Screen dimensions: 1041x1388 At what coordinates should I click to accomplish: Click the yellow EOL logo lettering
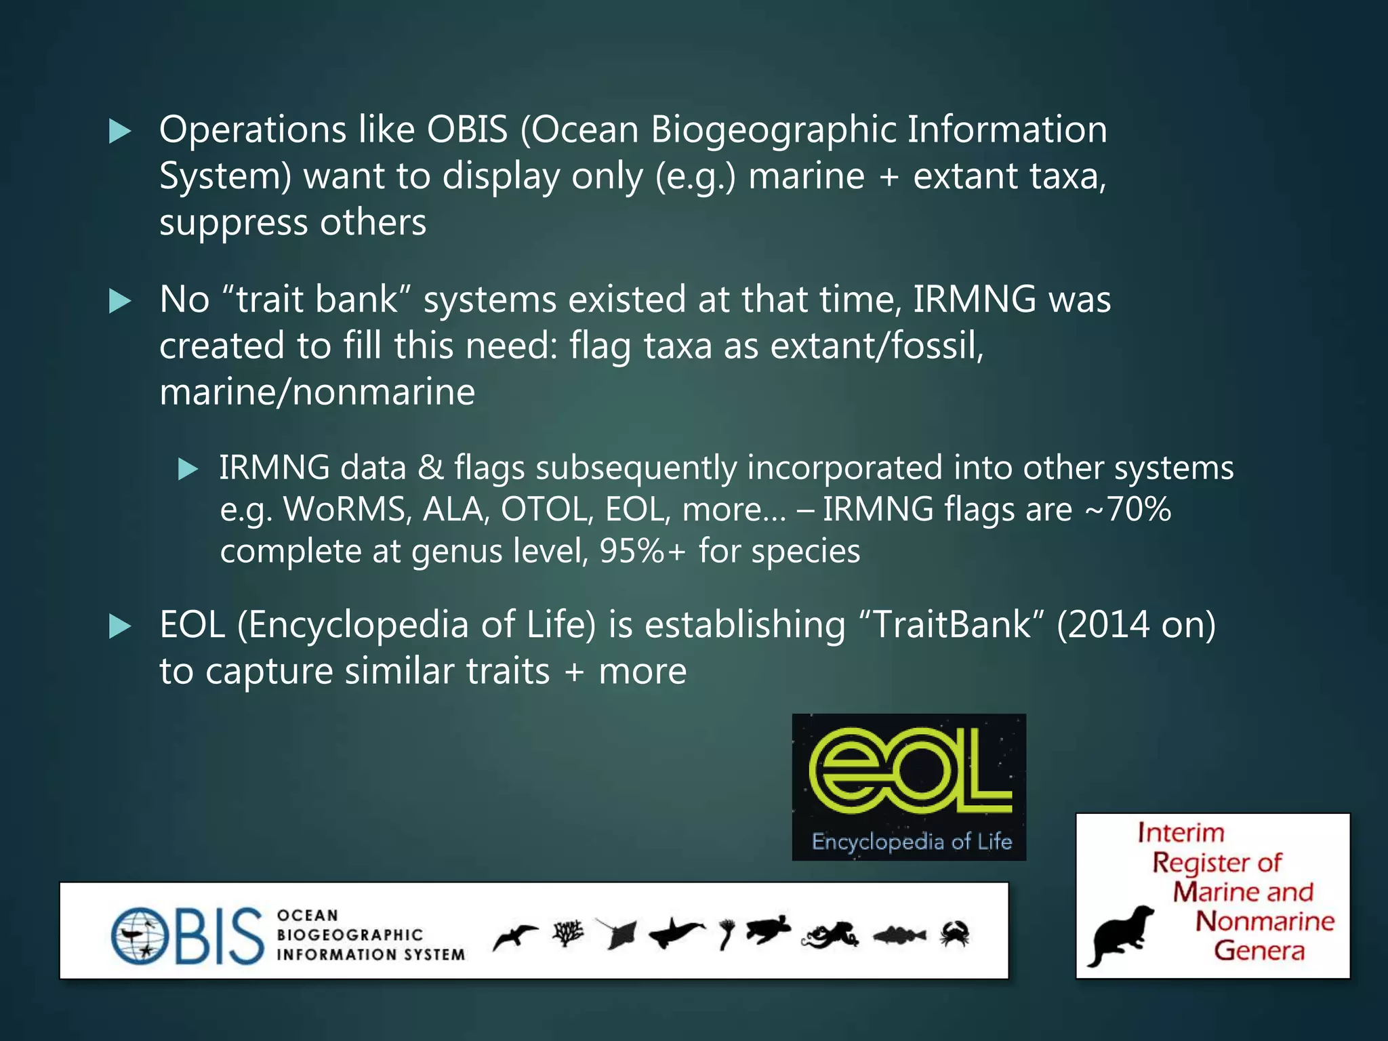pos(908,773)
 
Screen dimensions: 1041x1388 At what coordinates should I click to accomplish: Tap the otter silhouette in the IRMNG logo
pos(1120,935)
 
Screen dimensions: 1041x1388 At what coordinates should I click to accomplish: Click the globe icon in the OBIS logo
pos(139,937)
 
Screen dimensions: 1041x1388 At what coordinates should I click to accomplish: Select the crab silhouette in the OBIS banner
pos(954,934)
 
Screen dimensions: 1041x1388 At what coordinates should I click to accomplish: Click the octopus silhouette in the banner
pos(830,935)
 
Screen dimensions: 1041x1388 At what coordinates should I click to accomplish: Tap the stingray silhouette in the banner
pos(618,934)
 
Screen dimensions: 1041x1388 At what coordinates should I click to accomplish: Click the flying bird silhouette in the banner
pos(515,937)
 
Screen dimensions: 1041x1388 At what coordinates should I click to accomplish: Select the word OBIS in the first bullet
pos(467,129)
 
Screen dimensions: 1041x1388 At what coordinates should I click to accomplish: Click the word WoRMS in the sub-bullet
pos(344,510)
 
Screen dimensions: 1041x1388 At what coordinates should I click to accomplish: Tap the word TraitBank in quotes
pos(952,625)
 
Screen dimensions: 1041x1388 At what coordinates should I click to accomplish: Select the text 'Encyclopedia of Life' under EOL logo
pos(912,842)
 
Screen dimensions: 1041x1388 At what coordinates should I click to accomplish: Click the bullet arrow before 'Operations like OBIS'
pos(120,131)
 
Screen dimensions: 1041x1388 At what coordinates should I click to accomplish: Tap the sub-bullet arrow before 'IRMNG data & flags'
pos(187,469)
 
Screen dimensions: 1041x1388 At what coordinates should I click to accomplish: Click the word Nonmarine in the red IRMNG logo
pos(1265,921)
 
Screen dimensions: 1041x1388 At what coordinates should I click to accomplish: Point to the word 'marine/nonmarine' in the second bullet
pos(317,392)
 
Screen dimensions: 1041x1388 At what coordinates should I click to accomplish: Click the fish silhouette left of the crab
pos(899,936)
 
